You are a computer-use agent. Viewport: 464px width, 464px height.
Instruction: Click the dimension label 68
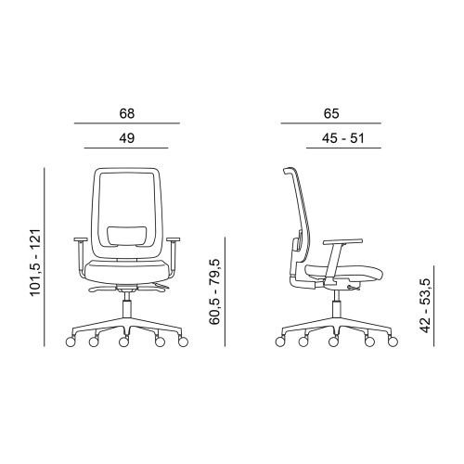click(127, 113)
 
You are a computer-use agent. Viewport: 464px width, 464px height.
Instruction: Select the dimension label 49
click(127, 138)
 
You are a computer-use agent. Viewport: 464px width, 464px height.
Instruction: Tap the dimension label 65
click(331, 113)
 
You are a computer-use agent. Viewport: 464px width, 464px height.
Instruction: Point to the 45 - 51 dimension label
click(343, 138)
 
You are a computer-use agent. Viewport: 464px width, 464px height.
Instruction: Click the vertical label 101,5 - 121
click(35, 263)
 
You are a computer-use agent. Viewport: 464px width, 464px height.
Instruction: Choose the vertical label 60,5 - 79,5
click(214, 291)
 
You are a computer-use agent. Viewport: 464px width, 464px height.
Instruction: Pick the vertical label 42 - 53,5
click(425, 305)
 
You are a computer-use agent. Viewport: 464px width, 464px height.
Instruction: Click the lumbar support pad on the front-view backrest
click(127, 237)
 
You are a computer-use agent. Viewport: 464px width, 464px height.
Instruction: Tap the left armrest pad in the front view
click(81, 239)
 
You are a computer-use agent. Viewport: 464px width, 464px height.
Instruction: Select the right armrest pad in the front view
click(174, 239)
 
